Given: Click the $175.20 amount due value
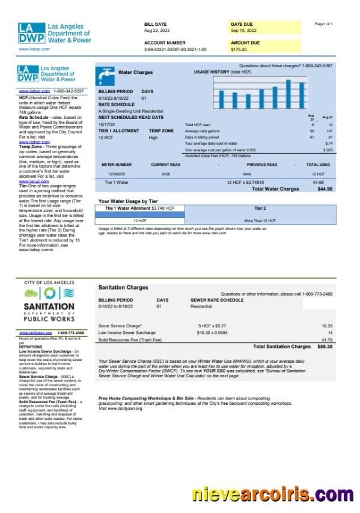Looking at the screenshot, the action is click(239, 50).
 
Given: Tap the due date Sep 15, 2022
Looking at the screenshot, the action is click(243, 30).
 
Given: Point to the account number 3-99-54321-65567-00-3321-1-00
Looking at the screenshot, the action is click(175, 50).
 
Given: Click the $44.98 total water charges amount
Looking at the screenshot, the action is click(325, 189).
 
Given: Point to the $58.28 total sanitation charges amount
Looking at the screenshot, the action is click(325, 347).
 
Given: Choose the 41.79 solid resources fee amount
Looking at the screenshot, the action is click(326, 340).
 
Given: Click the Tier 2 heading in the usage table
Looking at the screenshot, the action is click(260, 208).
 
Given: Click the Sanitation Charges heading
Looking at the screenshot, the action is click(123, 288).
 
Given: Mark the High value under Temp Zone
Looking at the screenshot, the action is click(153, 138).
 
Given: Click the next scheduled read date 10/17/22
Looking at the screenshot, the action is click(106, 124).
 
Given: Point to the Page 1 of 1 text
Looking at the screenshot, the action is click(323, 24).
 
